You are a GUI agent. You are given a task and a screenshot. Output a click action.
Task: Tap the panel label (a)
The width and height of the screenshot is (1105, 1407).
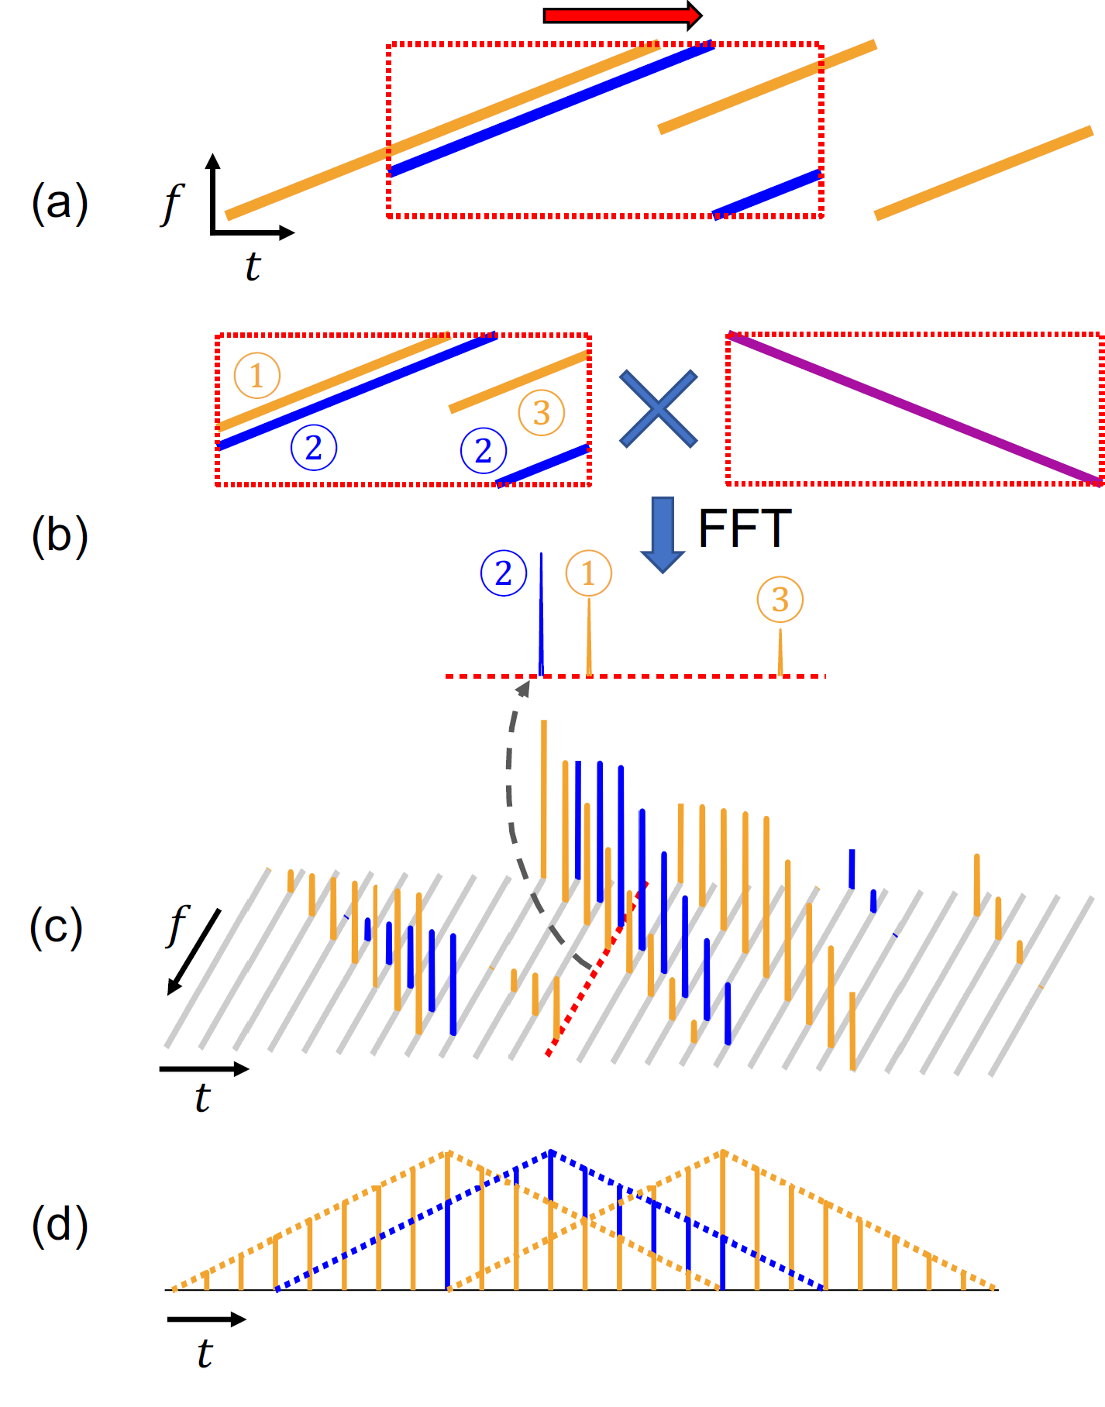[x=60, y=203]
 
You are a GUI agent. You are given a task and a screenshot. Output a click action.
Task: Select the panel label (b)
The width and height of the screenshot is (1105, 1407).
[x=60, y=535]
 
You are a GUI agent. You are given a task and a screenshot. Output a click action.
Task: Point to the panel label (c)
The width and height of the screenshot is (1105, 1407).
[x=56, y=927]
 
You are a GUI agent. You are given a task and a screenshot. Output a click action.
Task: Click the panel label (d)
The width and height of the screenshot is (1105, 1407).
[x=60, y=1225]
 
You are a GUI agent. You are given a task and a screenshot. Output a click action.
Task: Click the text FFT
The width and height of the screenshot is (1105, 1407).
[x=744, y=529]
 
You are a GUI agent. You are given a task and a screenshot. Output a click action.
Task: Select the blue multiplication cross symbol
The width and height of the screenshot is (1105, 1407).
[x=659, y=409]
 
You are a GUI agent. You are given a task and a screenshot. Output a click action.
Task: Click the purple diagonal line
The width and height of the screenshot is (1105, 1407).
[x=914, y=408]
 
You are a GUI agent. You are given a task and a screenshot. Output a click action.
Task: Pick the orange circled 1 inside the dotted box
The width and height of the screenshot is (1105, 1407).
[x=256, y=376]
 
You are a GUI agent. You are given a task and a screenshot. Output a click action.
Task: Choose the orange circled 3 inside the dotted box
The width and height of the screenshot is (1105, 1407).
[x=542, y=412]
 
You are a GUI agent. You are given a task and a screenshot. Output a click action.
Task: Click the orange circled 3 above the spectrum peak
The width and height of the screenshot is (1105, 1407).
[x=780, y=599]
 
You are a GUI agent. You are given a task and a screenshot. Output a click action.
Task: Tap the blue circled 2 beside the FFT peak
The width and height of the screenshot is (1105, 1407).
[x=504, y=573]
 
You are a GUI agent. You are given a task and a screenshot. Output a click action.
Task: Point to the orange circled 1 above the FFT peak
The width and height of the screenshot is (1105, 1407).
[x=588, y=573]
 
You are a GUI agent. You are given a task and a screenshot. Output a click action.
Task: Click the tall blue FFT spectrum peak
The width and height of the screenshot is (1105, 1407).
[x=541, y=612]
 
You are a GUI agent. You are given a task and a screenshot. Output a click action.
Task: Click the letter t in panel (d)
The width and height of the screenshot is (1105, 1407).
[x=204, y=1353]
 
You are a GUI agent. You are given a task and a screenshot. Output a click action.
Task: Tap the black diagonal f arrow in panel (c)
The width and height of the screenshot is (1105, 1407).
[x=194, y=952]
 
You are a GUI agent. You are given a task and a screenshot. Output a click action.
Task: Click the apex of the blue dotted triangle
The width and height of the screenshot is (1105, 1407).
[x=550, y=1151]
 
